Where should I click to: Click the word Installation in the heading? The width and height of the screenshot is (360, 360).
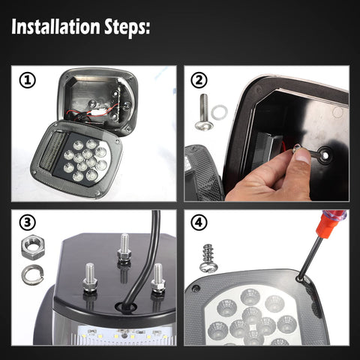[x=55, y=26]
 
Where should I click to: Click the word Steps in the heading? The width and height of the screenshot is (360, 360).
[x=127, y=28]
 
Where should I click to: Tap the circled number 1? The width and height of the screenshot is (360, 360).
[x=28, y=80]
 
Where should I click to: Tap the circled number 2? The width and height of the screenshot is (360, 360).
[x=199, y=80]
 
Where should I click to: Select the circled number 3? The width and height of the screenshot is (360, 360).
[x=28, y=223]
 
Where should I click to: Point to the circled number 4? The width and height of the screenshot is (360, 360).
[x=199, y=223]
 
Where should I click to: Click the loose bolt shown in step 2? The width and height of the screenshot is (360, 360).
[x=204, y=112]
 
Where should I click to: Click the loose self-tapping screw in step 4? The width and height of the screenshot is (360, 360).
[x=209, y=259]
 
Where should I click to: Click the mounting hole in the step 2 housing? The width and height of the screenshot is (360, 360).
[x=325, y=155]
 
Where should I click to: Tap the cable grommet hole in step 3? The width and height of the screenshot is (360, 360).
[x=126, y=307]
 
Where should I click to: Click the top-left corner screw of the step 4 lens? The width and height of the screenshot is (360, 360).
[x=195, y=289]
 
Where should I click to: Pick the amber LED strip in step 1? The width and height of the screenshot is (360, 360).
[x=54, y=150]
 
